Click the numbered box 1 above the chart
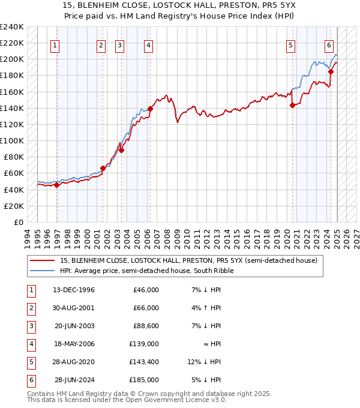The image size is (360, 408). tap(55, 45)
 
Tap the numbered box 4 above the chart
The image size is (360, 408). tap(148, 45)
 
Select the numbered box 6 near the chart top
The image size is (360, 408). tap(329, 45)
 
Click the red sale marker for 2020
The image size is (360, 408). tap(293, 106)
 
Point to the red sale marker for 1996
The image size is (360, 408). tap(57, 185)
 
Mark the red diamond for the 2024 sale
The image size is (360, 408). tap(331, 71)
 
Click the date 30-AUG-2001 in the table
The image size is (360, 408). tap(74, 308)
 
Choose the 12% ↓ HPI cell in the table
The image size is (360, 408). tap(205, 362)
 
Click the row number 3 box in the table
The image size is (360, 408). tap(31, 326)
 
